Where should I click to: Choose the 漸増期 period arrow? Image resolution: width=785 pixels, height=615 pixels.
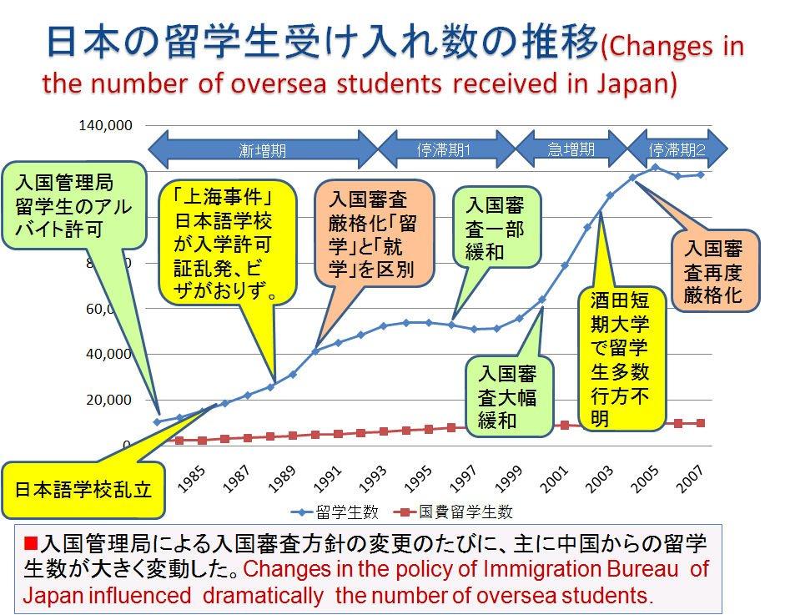[x=262, y=150]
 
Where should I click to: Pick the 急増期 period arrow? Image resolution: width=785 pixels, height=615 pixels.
[x=571, y=150]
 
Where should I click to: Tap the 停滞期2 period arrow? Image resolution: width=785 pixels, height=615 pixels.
[x=677, y=150]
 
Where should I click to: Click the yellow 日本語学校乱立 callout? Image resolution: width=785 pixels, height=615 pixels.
[x=83, y=489]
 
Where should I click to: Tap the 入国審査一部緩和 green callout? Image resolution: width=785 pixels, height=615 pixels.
[x=495, y=228]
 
